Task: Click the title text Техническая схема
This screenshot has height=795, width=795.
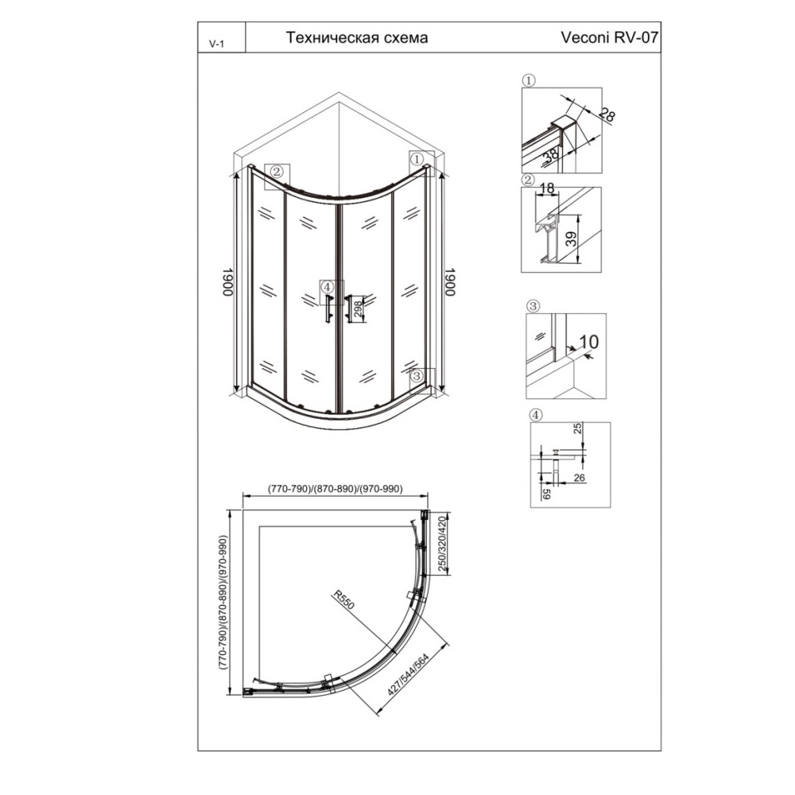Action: [357, 37]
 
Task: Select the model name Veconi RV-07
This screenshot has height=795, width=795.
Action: [610, 37]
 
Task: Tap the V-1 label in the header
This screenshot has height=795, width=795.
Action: [216, 44]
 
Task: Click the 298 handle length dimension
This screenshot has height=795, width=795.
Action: [358, 308]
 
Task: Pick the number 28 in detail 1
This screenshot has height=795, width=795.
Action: [607, 115]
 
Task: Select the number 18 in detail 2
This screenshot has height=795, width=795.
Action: [547, 189]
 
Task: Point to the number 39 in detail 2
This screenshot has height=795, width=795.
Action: [572, 238]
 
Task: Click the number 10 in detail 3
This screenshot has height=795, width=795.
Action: [588, 342]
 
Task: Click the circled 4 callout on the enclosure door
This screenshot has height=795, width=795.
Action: [328, 288]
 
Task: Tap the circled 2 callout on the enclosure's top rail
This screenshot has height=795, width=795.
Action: [277, 172]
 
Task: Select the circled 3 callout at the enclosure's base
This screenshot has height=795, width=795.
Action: [417, 376]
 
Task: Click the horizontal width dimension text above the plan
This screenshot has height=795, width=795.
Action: [335, 489]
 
